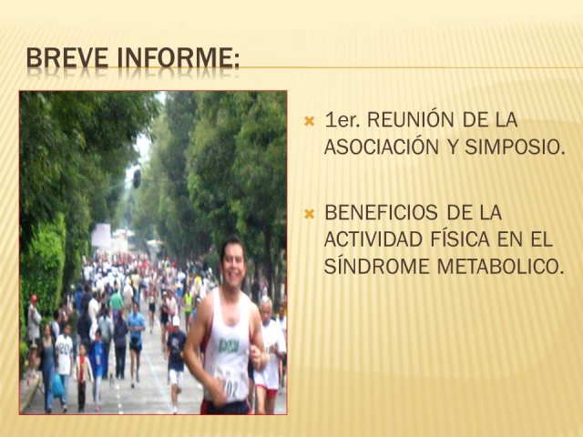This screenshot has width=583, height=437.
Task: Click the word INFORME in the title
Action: coord(176,57)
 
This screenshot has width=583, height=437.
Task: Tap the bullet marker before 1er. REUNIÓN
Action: coord(310,121)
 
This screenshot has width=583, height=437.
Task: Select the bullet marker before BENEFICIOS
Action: coord(310,214)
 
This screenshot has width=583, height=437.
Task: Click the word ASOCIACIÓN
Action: coord(382,147)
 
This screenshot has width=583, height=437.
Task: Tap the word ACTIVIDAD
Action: coord(373,239)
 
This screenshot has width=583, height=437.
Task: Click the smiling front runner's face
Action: coord(233,263)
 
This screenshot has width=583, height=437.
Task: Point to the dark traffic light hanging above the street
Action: coord(137,178)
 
